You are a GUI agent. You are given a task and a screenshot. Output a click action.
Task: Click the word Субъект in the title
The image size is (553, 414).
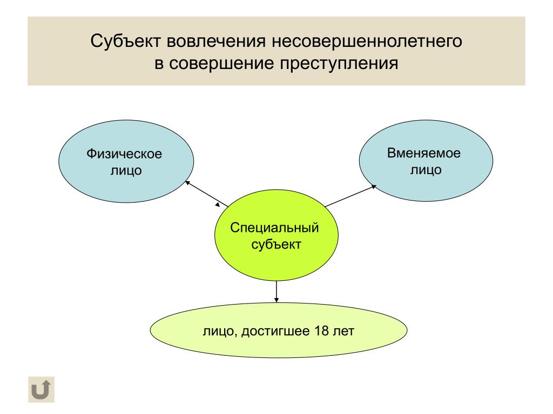click(x=126, y=41)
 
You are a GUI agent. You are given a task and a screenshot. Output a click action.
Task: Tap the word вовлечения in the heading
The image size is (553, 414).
click(x=216, y=41)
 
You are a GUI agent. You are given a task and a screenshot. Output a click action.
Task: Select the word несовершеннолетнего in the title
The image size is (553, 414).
click(x=367, y=41)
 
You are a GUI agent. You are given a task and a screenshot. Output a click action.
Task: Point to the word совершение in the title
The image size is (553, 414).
click(x=221, y=64)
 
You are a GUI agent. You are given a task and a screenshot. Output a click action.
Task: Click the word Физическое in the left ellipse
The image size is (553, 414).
click(x=124, y=154)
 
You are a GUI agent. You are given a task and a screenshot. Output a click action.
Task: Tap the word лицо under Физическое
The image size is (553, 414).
click(x=126, y=171)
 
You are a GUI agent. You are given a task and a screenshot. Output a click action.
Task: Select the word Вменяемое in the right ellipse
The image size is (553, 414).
click(x=424, y=153)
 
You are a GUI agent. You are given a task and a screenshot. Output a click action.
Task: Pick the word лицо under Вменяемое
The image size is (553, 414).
click(x=426, y=170)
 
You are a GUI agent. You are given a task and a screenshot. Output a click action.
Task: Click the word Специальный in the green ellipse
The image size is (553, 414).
click(x=274, y=228)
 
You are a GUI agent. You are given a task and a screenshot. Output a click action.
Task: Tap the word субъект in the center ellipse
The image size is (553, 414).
click(x=276, y=244)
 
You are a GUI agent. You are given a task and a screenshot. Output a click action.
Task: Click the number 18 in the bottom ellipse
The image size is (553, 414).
click(x=321, y=331)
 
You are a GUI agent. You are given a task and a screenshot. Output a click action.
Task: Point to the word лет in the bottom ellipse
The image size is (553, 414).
click(x=343, y=331)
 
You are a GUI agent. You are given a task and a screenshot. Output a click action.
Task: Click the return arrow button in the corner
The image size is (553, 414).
click(x=41, y=389)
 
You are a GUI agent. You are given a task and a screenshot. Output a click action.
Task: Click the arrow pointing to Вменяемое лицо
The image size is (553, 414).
click(x=350, y=196)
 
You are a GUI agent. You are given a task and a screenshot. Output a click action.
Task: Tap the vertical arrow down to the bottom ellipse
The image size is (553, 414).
click(x=276, y=292)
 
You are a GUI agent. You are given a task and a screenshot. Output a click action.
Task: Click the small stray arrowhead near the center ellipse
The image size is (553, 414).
click(x=218, y=204)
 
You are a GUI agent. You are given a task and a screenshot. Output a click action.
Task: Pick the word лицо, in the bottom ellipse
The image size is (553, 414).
click(x=220, y=332)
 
